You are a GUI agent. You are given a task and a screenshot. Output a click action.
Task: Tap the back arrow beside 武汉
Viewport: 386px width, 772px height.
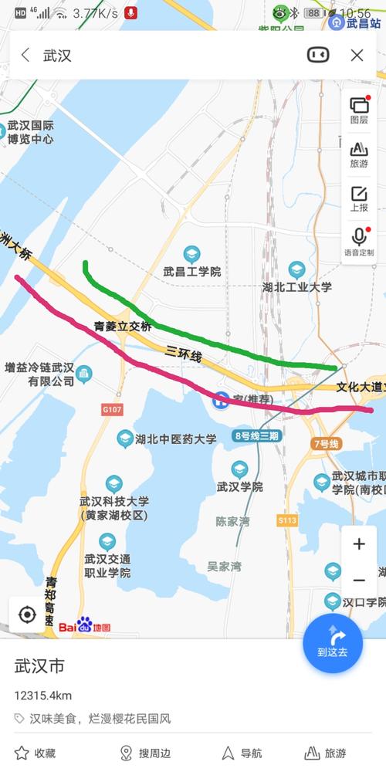[25, 55]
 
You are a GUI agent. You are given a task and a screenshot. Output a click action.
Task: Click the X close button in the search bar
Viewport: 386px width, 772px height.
[357, 55]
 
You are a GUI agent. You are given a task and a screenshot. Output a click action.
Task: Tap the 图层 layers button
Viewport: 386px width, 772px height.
[359, 109]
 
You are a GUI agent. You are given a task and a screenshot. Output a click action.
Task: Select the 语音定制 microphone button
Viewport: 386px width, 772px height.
[359, 241]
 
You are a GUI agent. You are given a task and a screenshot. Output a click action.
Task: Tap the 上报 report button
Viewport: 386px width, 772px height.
[359, 198]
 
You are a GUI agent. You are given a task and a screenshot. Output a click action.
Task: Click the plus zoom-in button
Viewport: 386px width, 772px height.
[359, 544]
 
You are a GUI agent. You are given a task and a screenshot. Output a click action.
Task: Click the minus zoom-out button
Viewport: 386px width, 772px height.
[359, 581]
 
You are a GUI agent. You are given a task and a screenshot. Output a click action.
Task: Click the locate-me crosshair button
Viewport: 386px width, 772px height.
[27, 615]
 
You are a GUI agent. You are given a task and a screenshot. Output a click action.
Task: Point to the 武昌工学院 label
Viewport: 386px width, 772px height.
[191, 271]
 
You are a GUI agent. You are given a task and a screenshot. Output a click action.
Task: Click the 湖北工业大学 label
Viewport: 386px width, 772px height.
[297, 286]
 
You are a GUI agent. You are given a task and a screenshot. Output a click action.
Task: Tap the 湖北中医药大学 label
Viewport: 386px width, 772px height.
[175, 439]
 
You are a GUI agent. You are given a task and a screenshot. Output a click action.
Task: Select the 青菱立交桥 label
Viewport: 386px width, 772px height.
[123, 327]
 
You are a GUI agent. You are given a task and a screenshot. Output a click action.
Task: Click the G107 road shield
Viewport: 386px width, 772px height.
[111, 409]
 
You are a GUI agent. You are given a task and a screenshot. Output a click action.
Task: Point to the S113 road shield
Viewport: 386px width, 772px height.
[287, 520]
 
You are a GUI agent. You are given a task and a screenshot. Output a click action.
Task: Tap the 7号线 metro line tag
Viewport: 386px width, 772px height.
[327, 444]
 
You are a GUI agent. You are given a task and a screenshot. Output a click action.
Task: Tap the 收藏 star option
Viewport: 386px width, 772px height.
[35, 753]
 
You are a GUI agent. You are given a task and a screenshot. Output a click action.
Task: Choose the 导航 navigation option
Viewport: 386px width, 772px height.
[242, 753]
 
